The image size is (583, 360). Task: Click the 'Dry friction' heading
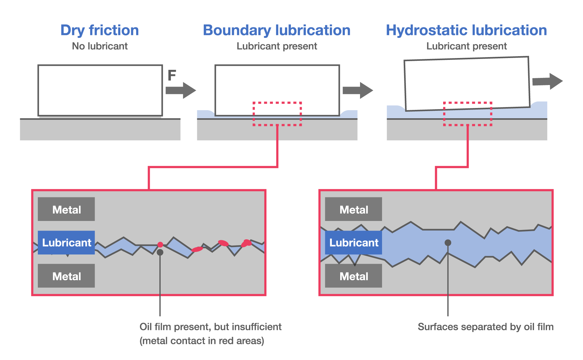tap(100, 30)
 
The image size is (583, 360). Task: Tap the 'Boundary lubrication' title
tap(277, 30)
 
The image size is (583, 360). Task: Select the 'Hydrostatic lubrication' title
tap(466, 30)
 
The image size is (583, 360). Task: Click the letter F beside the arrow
tap(171, 75)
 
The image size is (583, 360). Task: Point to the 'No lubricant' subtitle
tap(100, 46)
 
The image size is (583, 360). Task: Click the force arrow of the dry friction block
tap(180, 90)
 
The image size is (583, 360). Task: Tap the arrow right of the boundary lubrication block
tap(358, 90)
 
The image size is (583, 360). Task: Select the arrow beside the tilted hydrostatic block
tap(547, 81)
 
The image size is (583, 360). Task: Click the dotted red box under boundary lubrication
tap(277, 114)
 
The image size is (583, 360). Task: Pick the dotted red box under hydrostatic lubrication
tap(467, 114)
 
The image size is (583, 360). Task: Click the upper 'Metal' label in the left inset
tap(66, 209)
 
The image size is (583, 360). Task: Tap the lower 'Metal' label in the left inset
tap(66, 276)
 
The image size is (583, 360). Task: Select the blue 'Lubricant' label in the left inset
tap(66, 242)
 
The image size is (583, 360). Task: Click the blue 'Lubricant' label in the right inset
tap(354, 242)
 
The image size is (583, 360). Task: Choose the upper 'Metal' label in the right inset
tap(354, 209)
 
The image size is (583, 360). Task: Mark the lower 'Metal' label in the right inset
tap(354, 276)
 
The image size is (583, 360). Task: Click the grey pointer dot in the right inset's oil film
tap(448, 242)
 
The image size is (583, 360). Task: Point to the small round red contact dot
tap(160, 245)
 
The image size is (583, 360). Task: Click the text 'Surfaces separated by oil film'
tap(485, 327)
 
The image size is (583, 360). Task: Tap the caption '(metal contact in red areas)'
tap(202, 341)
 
